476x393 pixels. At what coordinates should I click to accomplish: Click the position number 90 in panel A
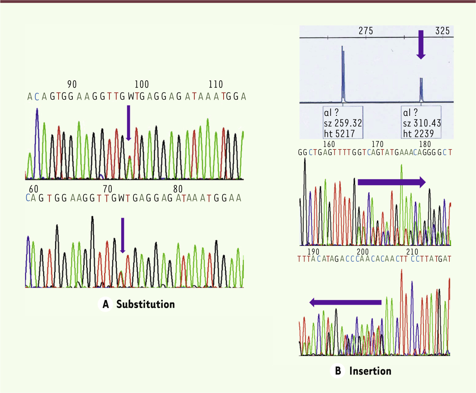(72, 84)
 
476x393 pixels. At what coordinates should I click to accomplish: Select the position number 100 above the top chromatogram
(142, 84)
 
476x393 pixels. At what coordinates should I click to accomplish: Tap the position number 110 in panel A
(216, 84)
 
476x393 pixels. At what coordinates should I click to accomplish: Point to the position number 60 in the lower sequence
(34, 189)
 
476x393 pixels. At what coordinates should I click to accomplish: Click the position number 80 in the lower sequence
(178, 189)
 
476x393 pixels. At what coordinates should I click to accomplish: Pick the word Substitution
(146, 304)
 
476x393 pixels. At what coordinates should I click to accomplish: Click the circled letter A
(106, 304)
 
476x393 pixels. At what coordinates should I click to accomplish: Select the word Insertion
(370, 371)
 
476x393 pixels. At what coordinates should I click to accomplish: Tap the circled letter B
(338, 371)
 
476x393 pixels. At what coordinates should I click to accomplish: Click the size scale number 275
(366, 31)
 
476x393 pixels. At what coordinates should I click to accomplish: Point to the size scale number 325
(442, 31)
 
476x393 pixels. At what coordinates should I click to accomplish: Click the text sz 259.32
(343, 123)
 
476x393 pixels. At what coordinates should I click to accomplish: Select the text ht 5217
(340, 134)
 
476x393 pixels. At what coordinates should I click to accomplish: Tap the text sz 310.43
(422, 123)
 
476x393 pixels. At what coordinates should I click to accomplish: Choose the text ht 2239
(418, 133)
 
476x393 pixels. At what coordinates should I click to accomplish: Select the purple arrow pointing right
(391, 182)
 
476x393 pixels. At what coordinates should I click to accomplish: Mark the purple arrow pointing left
(345, 302)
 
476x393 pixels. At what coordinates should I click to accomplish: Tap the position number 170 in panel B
(377, 144)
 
